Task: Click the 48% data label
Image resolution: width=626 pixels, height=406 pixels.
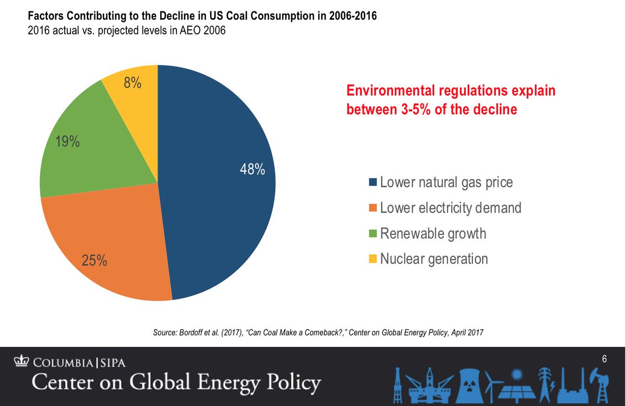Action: click(252, 170)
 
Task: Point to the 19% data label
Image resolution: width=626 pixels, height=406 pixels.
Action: click(68, 141)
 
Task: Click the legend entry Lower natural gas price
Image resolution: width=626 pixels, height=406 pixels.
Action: click(446, 183)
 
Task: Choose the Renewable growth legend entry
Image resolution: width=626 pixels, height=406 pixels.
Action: click(433, 233)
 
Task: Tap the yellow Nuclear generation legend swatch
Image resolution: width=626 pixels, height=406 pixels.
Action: click(373, 259)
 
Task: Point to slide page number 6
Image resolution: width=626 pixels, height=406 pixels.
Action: click(604, 359)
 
